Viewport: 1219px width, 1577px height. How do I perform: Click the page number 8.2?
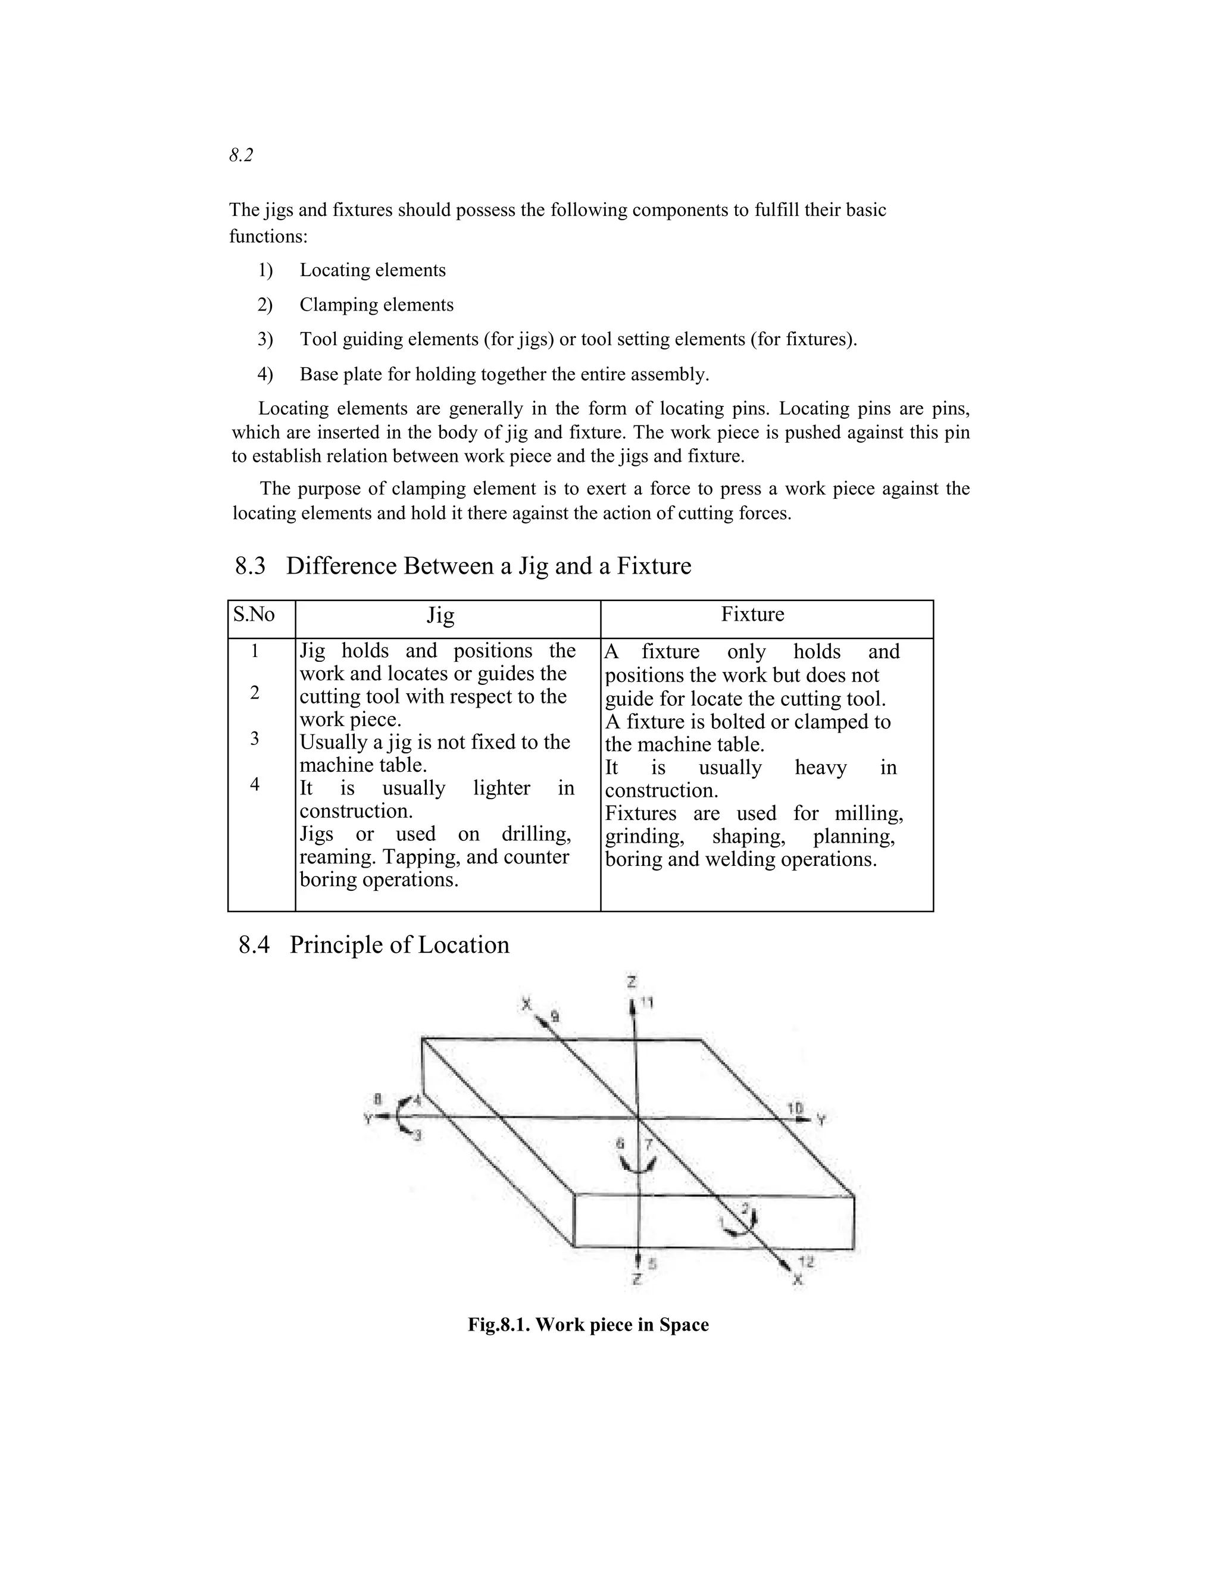click(241, 155)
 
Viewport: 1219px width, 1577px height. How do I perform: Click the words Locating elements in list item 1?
click(373, 270)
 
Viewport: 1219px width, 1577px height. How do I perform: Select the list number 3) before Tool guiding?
click(265, 339)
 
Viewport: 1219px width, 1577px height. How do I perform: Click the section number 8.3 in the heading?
click(250, 565)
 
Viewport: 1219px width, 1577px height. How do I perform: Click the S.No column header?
click(254, 615)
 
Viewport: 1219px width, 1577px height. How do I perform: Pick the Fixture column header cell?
click(752, 615)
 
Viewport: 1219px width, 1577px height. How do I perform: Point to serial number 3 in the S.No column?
click(255, 739)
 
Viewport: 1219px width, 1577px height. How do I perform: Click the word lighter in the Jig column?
click(501, 788)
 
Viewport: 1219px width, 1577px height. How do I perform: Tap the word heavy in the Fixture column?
click(820, 767)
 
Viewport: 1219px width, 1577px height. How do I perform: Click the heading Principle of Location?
click(399, 944)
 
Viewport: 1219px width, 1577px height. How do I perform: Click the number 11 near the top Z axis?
click(647, 1003)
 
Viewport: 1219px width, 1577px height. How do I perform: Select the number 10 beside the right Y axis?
click(795, 1107)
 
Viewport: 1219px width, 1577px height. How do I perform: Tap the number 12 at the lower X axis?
click(807, 1262)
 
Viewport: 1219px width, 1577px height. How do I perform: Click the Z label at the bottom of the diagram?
click(636, 1279)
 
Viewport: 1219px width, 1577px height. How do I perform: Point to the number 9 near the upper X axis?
click(555, 1016)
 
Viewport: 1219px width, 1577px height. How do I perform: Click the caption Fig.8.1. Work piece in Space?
click(588, 1325)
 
